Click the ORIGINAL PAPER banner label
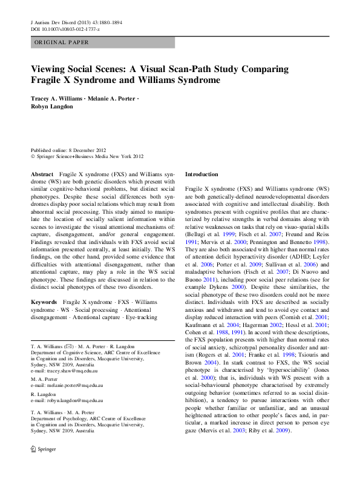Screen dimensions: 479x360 coord(61,42)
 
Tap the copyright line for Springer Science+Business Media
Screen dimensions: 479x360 coord(87,156)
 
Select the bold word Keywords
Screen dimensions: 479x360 coord(44,301)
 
